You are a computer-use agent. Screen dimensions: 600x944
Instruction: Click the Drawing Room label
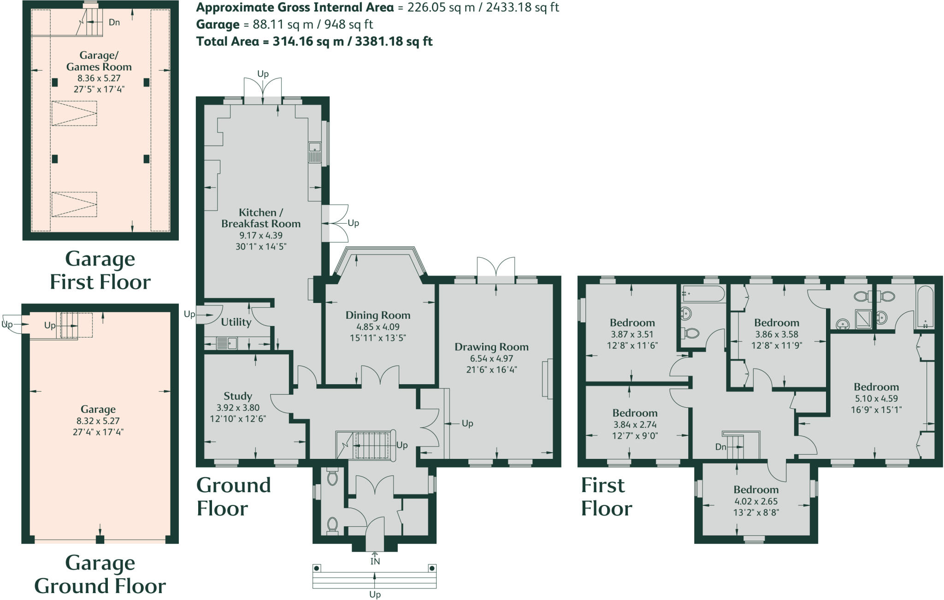[x=491, y=347]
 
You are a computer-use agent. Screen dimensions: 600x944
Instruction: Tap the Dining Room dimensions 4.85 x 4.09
[x=378, y=327]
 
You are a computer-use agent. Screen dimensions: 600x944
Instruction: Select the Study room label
[x=238, y=396]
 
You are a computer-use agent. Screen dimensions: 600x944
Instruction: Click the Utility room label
[x=236, y=322]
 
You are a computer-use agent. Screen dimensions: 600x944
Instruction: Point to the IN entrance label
[x=375, y=561]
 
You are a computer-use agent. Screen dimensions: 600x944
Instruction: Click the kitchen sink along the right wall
[x=315, y=153]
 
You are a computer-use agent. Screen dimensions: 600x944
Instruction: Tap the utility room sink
[x=227, y=343]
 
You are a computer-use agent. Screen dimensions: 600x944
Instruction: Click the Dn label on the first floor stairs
[x=721, y=447]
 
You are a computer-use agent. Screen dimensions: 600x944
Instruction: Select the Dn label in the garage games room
[x=114, y=22]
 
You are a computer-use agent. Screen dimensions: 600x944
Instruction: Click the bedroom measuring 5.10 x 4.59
[x=876, y=398]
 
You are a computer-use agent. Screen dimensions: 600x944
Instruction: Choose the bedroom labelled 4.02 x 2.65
[x=756, y=501]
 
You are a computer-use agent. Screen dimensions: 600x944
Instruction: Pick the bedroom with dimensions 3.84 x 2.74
[x=635, y=424]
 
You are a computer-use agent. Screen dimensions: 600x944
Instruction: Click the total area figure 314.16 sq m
[x=308, y=42]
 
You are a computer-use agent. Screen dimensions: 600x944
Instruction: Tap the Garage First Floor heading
[x=100, y=270]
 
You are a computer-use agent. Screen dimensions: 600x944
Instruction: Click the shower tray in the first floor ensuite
[x=863, y=319]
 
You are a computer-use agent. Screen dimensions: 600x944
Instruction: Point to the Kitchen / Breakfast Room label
[x=260, y=218]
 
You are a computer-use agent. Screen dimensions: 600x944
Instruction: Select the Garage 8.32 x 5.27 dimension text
[x=98, y=421]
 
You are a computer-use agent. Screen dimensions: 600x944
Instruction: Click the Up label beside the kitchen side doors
[x=353, y=223]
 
